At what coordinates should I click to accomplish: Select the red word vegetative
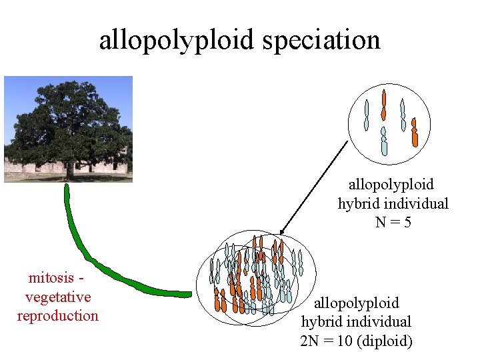point(58,297)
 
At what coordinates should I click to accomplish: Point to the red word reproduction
point(58,315)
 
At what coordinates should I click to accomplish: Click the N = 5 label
point(393,222)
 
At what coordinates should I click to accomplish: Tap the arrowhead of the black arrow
point(282,227)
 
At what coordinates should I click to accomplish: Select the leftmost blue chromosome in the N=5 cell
point(366,114)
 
